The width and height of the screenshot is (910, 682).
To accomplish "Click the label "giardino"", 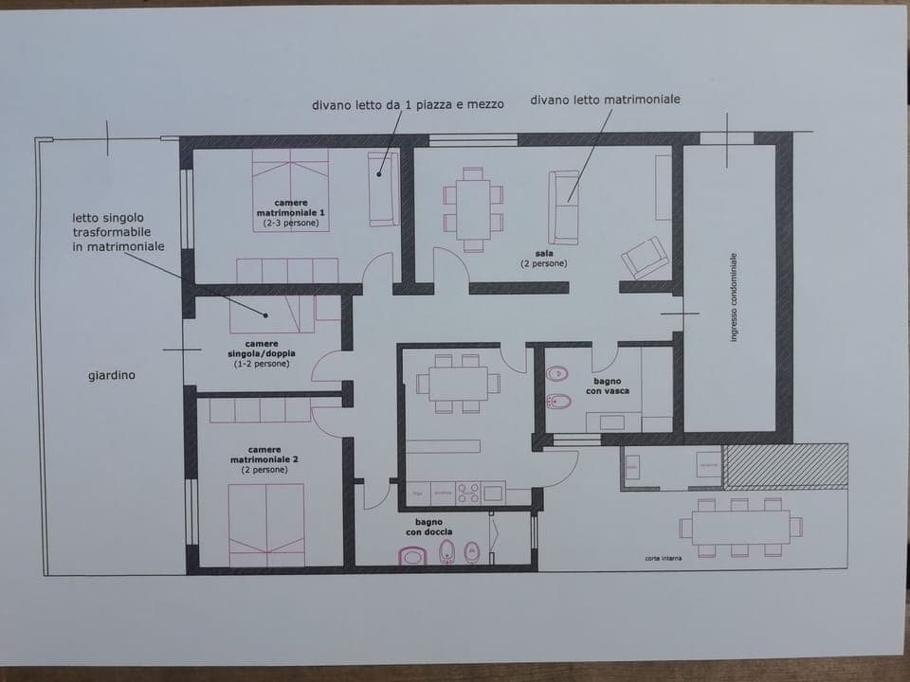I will [112, 375].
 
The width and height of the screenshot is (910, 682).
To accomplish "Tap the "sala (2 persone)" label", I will [544, 259].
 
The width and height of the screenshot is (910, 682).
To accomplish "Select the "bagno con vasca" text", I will [607, 386].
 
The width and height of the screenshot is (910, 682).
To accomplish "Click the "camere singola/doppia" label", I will [261, 353].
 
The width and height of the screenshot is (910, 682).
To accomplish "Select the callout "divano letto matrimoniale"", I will [605, 99].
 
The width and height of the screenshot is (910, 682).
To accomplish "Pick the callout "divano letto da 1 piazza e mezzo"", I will [408, 105].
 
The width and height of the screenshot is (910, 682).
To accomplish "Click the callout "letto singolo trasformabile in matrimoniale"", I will [118, 232].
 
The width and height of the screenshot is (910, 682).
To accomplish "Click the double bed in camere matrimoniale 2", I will [266, 524].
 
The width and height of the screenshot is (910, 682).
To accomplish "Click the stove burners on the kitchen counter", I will [468, 493].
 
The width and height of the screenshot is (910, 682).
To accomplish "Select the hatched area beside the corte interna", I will [785, 465].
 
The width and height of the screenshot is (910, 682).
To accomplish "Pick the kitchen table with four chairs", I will [457, 383].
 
